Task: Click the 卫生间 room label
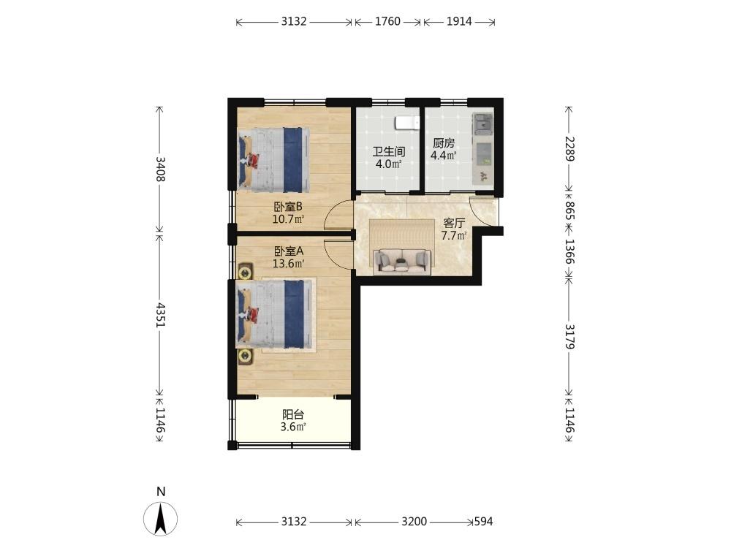(x=388, y=152)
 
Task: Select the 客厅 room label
(x=454, y=224)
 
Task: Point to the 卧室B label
(x=288, y=207)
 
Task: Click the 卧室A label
(x=288, y=251)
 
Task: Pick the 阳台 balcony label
(x=293, y=414)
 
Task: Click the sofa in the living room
(x=401, y=261)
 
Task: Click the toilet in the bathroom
(x=405, y=123)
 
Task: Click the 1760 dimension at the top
(x=387, y=22)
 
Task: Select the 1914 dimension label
(x=459, y=22)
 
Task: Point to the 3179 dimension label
(x=569, y=335)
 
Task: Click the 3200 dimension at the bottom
(x=413, y=522)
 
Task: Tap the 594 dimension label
(x=484, y=522)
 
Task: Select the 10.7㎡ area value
(x=288, y=218)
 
